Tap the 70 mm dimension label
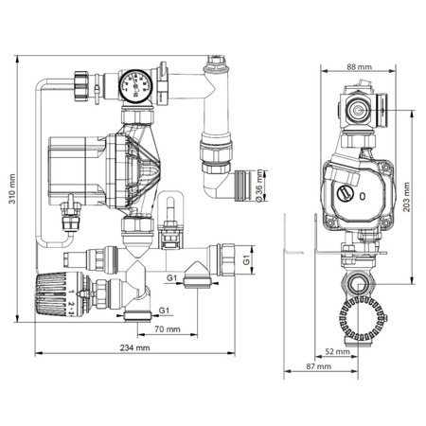(x=165, y=330)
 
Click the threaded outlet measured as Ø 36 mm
(x=249, y=177)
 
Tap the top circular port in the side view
(x=361, y=109)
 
